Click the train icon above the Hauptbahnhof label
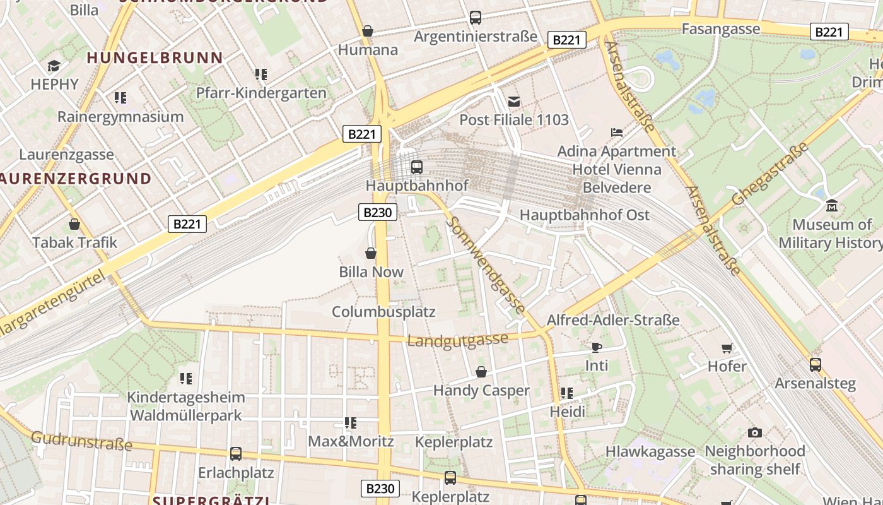pyautogui.click(x=416, y=167)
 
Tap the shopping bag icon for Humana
pyautogui.click(x=368, y=31)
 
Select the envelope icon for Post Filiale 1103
pyautogui.click(x=514, y=101)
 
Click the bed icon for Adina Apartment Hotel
pyautogui.click(x=617, y=133)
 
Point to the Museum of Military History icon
pyautogui.click(x=831, y=206)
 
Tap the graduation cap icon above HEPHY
pyautogui.click(x=54, y=66)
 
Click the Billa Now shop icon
pyautogui.click(x=371, y=253)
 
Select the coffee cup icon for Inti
pyautogui.click(x=597, y=347)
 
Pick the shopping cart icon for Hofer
pyautogui.click(x=727, y=348)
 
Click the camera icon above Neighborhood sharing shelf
pyautogui.click(x=754, y=432)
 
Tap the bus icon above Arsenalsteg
pyautogui.click(x=815, y=364)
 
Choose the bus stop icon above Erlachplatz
pyautogui.click(x=236, y=453)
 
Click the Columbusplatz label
pyautogui.click(x=383, y=312)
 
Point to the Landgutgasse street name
pyautogui.click(x=457, y=340)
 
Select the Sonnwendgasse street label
pyautogui.click(x=486, y=266)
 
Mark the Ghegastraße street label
pyautogui.click(x=770, y=174)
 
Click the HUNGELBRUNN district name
pyautogui.click(x=155, y=58)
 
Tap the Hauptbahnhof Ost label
pyautogui.click(x=584, y=215)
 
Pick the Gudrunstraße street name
pyautogui.click(x=81, y=441)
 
